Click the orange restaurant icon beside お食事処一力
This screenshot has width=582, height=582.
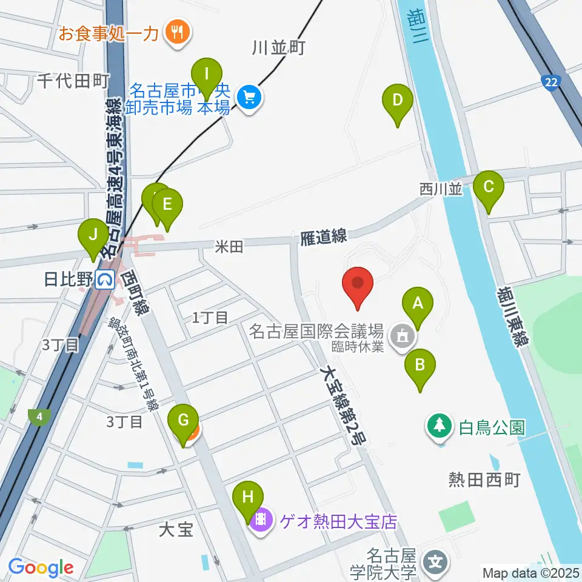coord(178,31)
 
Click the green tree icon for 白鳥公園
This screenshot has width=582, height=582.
coord(439,426)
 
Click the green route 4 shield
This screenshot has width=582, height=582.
coord(39,416)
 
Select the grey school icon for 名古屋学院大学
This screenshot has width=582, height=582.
coord(435,561)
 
